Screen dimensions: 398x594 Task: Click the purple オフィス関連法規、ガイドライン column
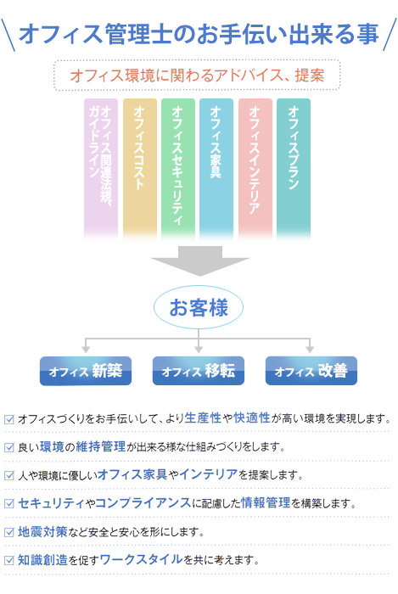(x=101, y=170)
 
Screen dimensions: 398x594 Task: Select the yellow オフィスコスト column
(x=140, y=170)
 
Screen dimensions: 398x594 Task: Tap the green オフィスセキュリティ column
(x=178, y=170)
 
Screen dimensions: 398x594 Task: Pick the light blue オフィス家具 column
(x=216, y=170)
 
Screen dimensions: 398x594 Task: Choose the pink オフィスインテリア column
(x=255, y=170)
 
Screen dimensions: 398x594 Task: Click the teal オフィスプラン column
(x=294, y=170)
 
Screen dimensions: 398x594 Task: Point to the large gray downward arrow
(x=200, y=261)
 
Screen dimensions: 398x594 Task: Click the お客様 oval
(x=199, y=307)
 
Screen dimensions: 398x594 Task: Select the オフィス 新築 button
(x=86, y=371)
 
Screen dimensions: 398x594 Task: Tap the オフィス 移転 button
(x=199, y=371)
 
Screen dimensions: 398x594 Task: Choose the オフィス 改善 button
(x=311, y=371)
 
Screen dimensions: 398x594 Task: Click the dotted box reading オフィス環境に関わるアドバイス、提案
(x=197, y=75)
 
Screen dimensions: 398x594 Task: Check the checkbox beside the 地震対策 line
(x=9, y=532)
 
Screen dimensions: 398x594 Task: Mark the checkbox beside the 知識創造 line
(x=9, y=560)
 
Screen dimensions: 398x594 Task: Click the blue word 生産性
(x=203, y=417)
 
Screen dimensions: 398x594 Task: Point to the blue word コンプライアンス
(x=143, y=502)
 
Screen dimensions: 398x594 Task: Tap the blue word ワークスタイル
(x=141, y=559)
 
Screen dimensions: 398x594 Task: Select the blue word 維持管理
(x=101, y=446)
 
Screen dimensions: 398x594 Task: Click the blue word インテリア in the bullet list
(x=209, y=474)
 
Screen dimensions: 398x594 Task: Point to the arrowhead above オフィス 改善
(x=310, y=350)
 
